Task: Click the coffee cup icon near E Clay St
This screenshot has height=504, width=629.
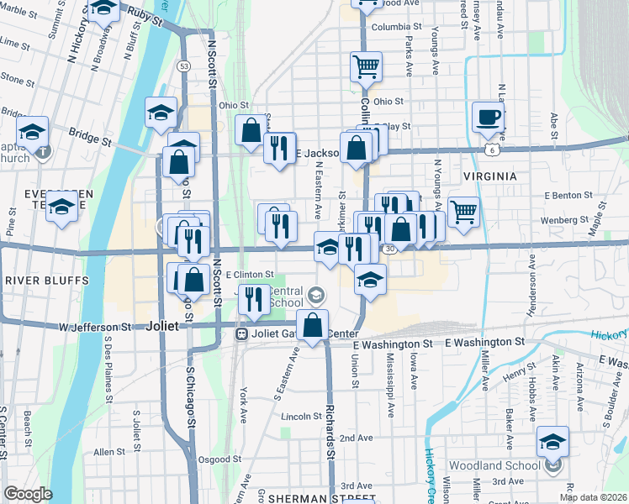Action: click(487, 117)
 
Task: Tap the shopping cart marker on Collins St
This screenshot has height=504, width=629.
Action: click(366, 66)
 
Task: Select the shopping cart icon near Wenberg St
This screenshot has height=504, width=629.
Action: click(463, 210)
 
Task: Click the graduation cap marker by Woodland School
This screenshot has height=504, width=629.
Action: click(552, 440)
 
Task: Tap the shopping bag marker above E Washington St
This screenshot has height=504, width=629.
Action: click(313, 325)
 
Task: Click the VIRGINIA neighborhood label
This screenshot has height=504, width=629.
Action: click(489, 176)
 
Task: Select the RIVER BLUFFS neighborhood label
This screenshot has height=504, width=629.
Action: click(35, 280)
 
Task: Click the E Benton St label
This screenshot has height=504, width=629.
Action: click(569, 195)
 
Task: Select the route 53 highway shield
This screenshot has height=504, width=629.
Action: click(183, 65)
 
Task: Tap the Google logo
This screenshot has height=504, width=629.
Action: click(28, 495)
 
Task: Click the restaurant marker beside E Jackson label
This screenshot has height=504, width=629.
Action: click(279, 147)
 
